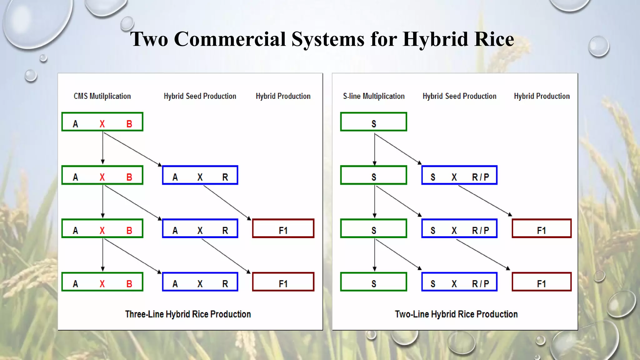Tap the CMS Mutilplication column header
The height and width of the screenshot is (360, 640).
coord(102,96)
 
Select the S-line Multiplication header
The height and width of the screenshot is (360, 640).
coord(374,96)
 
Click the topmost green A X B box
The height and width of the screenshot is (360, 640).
coord(102,122)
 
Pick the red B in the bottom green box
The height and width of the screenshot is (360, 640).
coord(129,284)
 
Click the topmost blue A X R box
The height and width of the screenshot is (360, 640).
coord(200,175)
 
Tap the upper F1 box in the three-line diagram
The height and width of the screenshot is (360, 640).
coord(283,228)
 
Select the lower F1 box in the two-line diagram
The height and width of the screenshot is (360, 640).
coord(542,282)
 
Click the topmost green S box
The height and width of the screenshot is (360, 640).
coord(373,122)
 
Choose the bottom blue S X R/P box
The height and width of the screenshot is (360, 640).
coord(459,282)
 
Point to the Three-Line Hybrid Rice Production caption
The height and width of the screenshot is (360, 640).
coord(188,314)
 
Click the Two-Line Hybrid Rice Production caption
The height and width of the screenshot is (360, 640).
coord(456,314)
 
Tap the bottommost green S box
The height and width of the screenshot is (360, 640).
coord(373,282)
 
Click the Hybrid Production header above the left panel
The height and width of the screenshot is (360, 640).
coord(283,96)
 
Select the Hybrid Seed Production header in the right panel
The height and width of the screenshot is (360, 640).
coord(459,96)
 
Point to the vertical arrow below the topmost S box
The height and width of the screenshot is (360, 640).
coord(374,149)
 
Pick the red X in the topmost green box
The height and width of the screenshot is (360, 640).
coord(102,124)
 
